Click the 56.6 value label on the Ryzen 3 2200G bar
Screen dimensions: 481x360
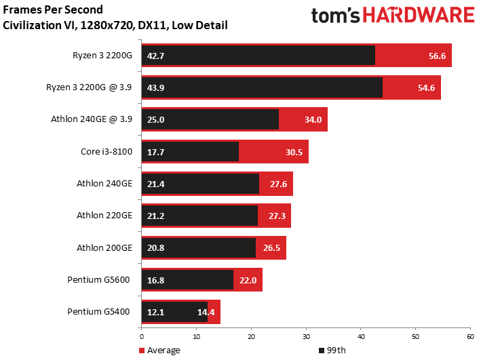pyautogui.click(x=437, y=56)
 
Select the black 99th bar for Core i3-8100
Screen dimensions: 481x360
pyautogui.click(x=190, y=151)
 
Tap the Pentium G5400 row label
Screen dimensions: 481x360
pyautogui.click(x=98, y=312)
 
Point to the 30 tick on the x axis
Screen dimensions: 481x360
pyautogui.click(x=306, y=337)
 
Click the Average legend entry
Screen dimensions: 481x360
pyautogui.click(x=159, y=351)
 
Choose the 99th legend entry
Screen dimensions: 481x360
pyautogui.click(x=332, y=351)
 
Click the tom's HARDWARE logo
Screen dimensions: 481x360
pyautogui.click(x=393, y=16)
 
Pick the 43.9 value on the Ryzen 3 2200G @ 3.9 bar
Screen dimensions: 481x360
pyautogui.click(x=155, y=87)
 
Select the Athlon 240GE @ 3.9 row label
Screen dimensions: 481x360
pyautogui.click(x=92, y=119)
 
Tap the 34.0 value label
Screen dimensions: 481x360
pyautogui.click(x=313, y=119)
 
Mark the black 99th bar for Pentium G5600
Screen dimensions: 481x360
pyautogui.click(x=187, y=279)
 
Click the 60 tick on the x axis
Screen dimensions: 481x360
pyautogui.click(x=470, y=337)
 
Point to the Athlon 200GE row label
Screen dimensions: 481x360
pyautogui.click(x=104, y=247)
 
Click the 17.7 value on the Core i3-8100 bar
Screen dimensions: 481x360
pyautogui.click(x=155, y=152)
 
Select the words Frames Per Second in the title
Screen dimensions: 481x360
pyautogui.click(x=53, y=9)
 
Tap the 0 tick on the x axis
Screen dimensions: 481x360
pyautogui.click(x=141, y=337)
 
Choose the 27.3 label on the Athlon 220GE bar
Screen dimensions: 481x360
pyautogui.click(x=277, y=216)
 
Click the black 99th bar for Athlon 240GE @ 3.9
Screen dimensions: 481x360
pyautogui.click(x=210, y=119)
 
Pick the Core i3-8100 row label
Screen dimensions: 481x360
pyautogui.click(x=107, y=151)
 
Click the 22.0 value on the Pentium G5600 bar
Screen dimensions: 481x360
pyautogui.click(x=248, y=280)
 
